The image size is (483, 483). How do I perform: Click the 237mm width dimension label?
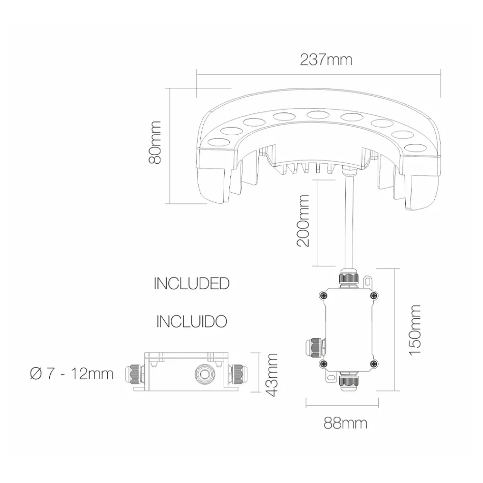(325, 59)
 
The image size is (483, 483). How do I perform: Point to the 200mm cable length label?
(304, 220)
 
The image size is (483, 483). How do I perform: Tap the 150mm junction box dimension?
(414, 329)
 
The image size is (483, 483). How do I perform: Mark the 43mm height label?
(273, 375)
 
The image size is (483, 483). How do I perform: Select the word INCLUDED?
(191, 284)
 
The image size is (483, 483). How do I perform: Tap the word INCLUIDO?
(191, 321)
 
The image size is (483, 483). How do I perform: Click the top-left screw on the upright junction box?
(322, 296)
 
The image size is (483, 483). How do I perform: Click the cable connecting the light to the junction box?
(347, 219)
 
